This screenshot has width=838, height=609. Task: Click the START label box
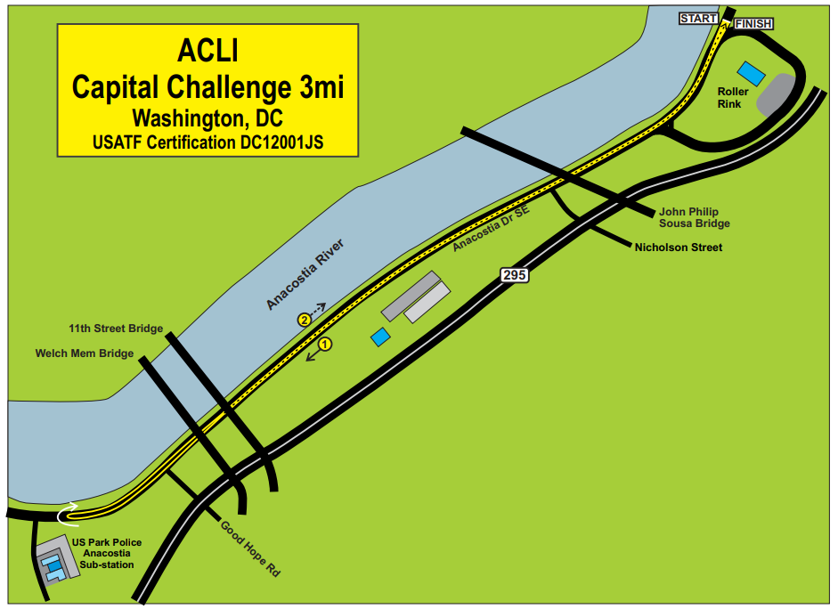pyautogui.click(x=697, y=18)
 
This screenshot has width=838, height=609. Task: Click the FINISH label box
pyautogui.click(x=753, y=23)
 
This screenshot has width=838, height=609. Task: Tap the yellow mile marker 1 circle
pyautogui.click(x=325, y=344)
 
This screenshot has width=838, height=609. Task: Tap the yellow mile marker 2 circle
pyautogui.click(x=305, y=319)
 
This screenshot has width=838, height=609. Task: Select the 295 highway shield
pyautogui.click(x=514, y=275)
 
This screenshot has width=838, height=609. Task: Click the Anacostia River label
pyautogui.click(x=305, y=274)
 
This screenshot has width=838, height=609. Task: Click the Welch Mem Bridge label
pyautogui.click(x=85, y=353)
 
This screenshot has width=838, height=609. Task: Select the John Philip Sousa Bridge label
pyautogui.click(x=695, y=217)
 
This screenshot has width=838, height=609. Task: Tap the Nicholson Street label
pyautogui.click(x=678, y=247)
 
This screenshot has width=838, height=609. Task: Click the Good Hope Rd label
pyautogui.click(x=250, y=548)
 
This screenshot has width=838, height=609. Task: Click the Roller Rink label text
pyautogui.click(x=733, y=97)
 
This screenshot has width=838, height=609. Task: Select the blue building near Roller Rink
pyautogui.click(x=752, y=70)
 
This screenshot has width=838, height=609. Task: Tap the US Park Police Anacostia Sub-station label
pyautogui.click(x=106, y=553)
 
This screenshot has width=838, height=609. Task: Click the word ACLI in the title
pyautogui.click(x=207, y=51)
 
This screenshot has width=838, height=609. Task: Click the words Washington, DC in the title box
pyautogui.click(x=207, y=117)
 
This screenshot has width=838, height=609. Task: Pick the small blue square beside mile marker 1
pyautogui.click(x=380, y=337)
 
